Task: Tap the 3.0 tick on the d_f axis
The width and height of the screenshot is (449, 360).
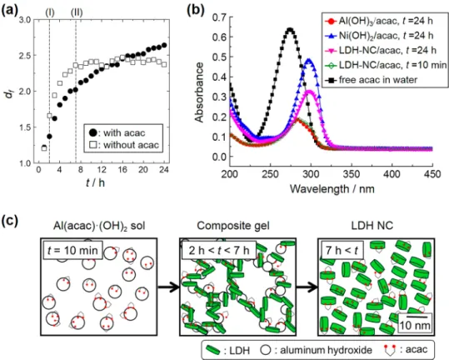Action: coord(25,20)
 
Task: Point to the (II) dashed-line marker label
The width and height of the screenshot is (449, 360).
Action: coord(77,12)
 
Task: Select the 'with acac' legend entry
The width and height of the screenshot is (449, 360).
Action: coord(117,132)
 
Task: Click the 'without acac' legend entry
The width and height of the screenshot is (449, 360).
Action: coord(124,145)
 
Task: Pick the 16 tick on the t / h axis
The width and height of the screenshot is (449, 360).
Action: coord(122,170)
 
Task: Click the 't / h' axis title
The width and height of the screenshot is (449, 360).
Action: coord(95,182)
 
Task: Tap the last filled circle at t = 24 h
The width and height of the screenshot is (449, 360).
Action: coord(164,45)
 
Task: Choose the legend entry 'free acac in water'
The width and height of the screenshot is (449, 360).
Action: coord(372,80)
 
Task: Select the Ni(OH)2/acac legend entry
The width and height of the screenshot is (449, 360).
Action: coord(379,36)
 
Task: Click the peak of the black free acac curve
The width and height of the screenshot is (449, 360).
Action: coord(290,29)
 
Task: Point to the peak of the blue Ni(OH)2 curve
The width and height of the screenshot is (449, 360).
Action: coord(309,59)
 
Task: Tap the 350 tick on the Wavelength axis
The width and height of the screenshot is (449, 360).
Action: coord(352,174)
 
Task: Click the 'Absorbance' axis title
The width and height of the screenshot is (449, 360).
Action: coord(199,92)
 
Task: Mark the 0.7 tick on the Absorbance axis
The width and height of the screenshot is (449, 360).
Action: coord(219,17)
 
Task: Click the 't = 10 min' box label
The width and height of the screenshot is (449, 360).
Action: coord(72,250)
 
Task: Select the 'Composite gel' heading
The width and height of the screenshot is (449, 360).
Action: coord(233,226)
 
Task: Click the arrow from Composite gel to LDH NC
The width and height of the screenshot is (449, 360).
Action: coord(307,287)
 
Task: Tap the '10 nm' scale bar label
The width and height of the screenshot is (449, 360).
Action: coord(415,326)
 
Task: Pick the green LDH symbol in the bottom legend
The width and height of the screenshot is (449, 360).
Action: coord(213,350)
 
